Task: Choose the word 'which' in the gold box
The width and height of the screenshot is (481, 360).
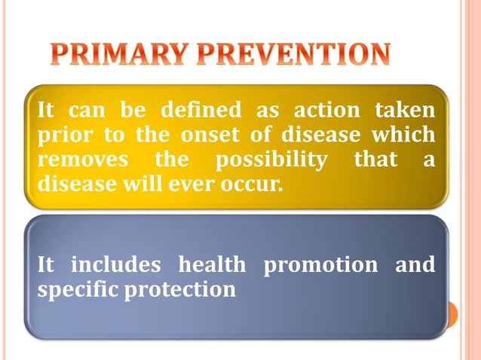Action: point(405,136)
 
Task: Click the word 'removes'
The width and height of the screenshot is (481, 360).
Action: point(79,160)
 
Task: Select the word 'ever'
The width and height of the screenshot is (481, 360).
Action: point(198,184)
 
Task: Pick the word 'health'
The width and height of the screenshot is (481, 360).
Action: point(211,265)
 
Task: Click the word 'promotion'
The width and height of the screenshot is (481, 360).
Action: point(320,266)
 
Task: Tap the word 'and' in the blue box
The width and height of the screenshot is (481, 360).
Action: point(414,265)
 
